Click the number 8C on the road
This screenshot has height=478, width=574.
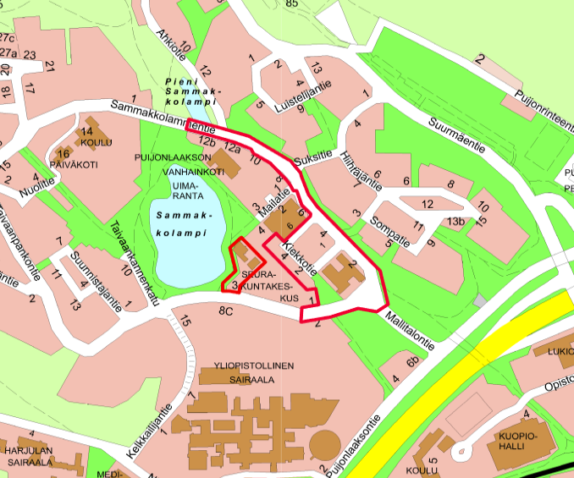(225, 311)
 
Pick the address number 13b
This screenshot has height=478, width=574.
(457, 222)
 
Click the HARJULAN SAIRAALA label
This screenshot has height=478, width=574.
(30, 458)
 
